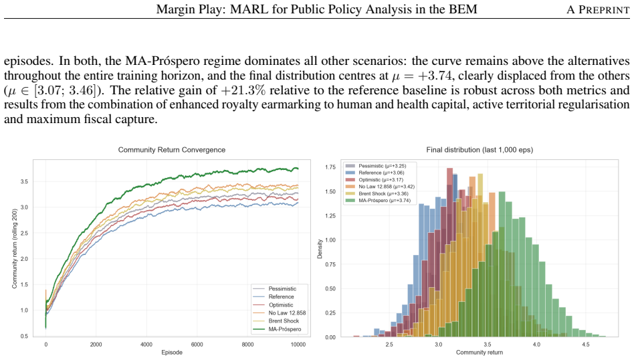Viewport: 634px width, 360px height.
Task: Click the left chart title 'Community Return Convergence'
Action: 171,150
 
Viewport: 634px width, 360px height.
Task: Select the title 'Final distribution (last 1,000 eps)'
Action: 480,150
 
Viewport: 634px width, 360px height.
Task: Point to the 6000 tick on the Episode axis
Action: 197,345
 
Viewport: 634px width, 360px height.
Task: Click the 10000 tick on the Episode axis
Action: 298,345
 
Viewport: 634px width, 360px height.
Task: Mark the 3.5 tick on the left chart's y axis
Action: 24,181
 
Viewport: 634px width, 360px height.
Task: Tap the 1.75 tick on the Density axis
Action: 330,167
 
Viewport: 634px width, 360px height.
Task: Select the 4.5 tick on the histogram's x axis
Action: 585,345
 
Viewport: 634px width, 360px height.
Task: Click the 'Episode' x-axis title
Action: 172,353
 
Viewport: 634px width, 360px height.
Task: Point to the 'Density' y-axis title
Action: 320,249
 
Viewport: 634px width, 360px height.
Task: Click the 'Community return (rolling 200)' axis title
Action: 15,249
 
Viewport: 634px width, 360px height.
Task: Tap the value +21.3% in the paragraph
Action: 243,90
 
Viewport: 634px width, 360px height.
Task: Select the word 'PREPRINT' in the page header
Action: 604,10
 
